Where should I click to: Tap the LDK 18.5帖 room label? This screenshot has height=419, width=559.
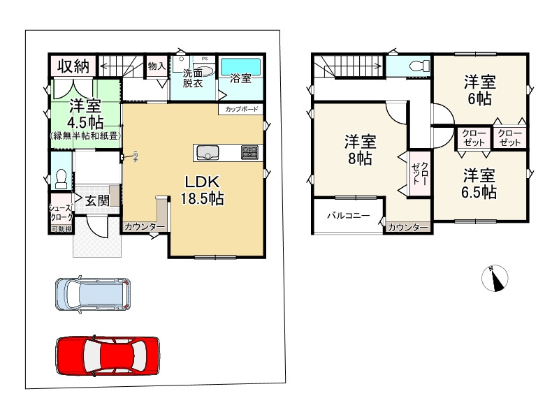tap(202, 189)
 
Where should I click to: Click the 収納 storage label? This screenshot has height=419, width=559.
tap(73, 66)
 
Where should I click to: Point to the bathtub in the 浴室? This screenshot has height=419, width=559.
tap(242, 68)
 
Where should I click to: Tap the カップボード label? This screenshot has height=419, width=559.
tap(242, 110)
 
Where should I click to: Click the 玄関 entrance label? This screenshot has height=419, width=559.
tap(96, 200)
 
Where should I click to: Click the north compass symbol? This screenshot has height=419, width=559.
tap(495, 279)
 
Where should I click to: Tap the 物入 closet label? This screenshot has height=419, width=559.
tap(157, 66)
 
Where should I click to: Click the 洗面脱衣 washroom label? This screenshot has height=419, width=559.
tap(193, 78)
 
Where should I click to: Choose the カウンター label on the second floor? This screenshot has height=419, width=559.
tap(408, 228)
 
